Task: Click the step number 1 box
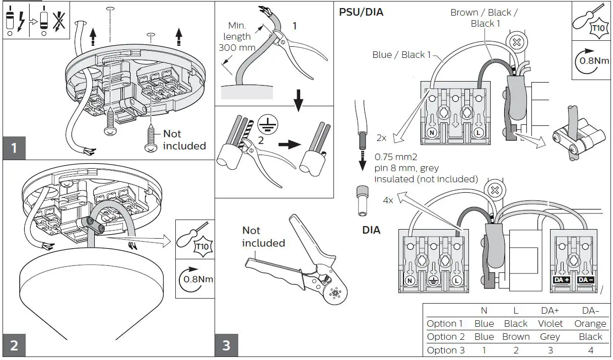click(x=15, y=148)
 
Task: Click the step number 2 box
click(x=15, y=345)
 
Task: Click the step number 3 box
click(x=226, y=345)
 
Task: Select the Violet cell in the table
click(x=550, y=324)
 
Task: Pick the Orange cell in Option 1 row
click(x=590, y=324)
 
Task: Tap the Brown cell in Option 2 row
click(x=516, y=337)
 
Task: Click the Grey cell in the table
click(x=550, y=337)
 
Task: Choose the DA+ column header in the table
click(x=550, y=311)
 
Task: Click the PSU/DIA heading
click(x=361, y=12)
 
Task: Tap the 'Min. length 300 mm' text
click(x=236, y=36)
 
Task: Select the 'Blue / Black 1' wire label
click(x=401, y=54)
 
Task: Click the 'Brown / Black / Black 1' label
click(x=484, y=18)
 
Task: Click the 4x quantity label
click(x=387, y=200)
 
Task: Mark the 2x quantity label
click(x=382, y=137)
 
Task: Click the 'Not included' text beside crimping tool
click(x=263, y=237)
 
